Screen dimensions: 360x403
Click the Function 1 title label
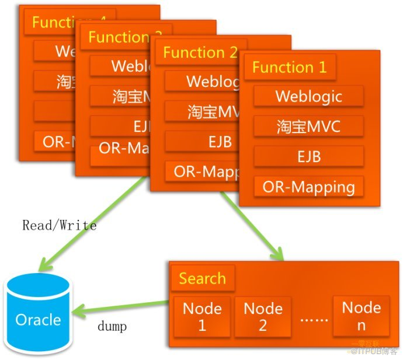(x=290, y=67)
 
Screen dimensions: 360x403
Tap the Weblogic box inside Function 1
(x=308, y=96)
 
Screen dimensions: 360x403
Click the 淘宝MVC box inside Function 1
(x=308, y=127)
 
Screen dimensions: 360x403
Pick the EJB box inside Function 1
(x=308, y=156)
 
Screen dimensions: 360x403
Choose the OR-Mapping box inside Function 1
(x=308, y=187)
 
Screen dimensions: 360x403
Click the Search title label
(x=202, y=278)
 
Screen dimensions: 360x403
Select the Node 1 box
(x=202, y=316)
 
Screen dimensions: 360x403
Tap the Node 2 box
(x=263, y=316)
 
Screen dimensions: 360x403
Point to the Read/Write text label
(x=59, y=225)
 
